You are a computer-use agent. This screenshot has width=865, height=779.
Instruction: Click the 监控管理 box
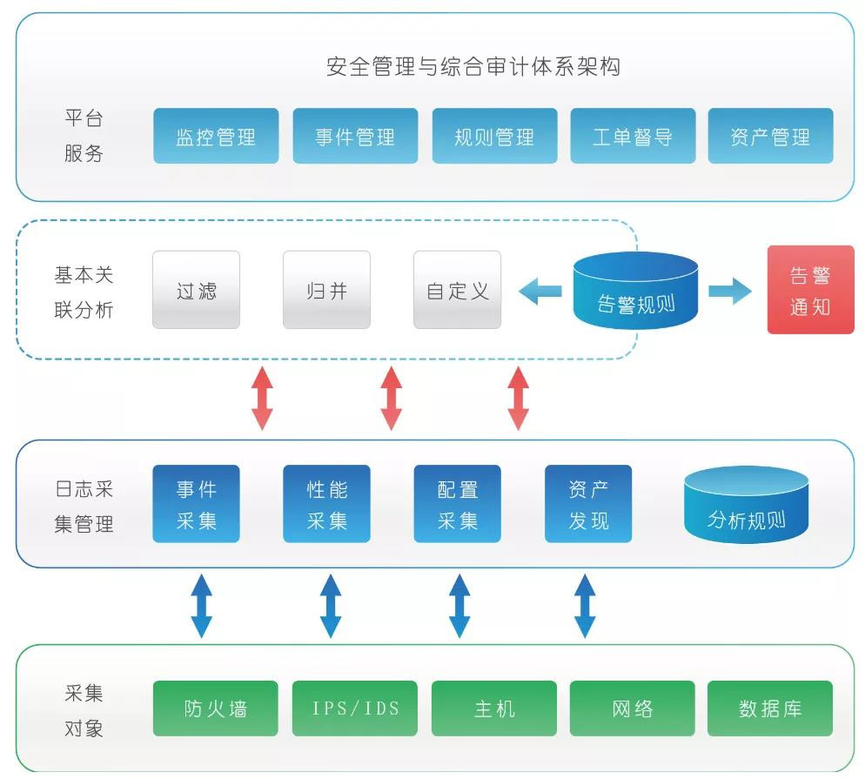tap(216, 136)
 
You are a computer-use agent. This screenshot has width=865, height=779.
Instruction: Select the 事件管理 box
tap(355, 136)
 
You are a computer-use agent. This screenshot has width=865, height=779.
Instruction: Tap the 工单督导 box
tap(633, 136)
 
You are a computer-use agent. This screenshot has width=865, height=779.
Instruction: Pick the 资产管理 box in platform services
tap(770, 136)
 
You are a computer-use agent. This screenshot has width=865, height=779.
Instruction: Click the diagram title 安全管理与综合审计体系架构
tap(473, 67)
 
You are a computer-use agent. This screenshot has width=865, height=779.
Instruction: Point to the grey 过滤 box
tap(196, 290)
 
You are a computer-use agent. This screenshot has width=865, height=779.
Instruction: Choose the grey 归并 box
tap(326, 290)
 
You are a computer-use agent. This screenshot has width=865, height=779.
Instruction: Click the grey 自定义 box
tap(457, 290)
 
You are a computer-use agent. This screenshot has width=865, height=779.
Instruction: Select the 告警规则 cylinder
tap(636, 292)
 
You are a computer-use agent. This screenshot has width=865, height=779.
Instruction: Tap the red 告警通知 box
tap(810, 290)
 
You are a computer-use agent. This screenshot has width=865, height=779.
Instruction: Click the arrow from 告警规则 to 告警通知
tap(729, 291)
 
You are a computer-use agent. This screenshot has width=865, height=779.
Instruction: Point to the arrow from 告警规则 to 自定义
tap(540, 291)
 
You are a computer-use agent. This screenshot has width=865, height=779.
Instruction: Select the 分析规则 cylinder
tap(746, 507)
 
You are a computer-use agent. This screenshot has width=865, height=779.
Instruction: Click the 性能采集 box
tap(326, 504)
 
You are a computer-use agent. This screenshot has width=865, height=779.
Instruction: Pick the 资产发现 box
tap(588, 504)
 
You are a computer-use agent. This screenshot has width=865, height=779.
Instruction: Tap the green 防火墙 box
tap(216, 708)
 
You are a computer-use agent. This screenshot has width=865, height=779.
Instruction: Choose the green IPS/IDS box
tap(355, 708)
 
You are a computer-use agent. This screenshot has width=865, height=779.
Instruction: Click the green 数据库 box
tap(770, 708)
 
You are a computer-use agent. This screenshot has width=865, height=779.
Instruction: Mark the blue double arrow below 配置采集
tap(459, 605)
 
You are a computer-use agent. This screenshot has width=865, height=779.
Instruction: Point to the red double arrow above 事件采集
tap(262, 398)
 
